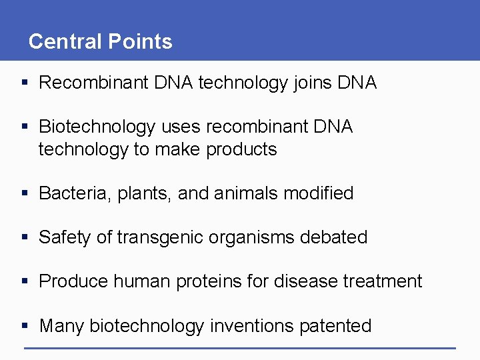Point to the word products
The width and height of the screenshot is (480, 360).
[241, 149]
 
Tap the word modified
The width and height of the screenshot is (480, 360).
[318, 193]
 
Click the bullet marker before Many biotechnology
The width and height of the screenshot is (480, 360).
[25, 326]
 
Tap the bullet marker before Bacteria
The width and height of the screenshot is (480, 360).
[25, 194]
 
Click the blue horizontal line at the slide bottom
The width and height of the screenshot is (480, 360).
[240, 348]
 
